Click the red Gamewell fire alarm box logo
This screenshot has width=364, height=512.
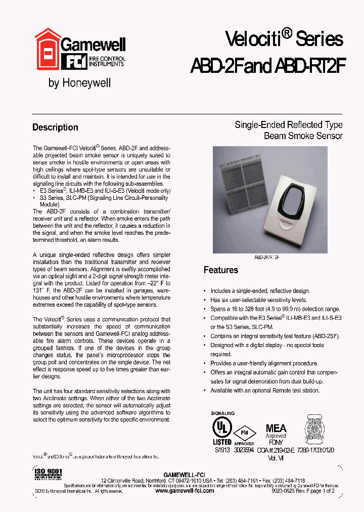pyautogui.click(x=47, y=51)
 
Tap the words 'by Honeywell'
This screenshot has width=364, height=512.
pyautogui.click(x=79, y=83)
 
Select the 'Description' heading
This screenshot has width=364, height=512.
pyautogui.click(x=55, y=127)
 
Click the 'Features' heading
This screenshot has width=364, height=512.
pyautogui.click(x=220, y=270)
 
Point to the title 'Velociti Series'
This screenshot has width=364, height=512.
pyautogui.click(x=284, y=38)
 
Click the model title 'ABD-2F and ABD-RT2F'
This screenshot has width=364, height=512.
pyautogui.click(x=267, y=65)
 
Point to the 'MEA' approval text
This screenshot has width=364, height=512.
pyautogui.click(x=276, y=428)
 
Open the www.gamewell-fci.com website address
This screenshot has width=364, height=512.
pyautogui.click(x=184, y=491)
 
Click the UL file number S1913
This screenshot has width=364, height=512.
pyautogui.click(x=222, y=450)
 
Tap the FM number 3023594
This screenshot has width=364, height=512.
pyautogui.click(x=245, y=450)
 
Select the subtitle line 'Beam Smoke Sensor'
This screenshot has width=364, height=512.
pyautogui.click(x=303, y=136)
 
